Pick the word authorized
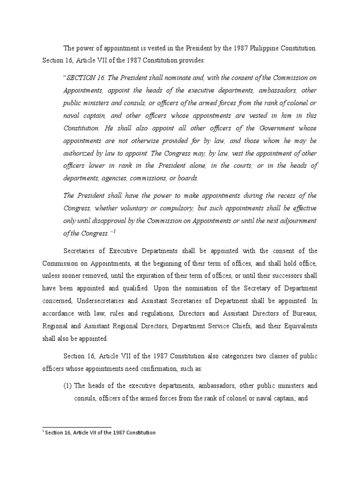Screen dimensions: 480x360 pos(79,153)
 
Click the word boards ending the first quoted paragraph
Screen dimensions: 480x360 pos(188,178)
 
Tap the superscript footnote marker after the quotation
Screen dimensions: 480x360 pos(114,231)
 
